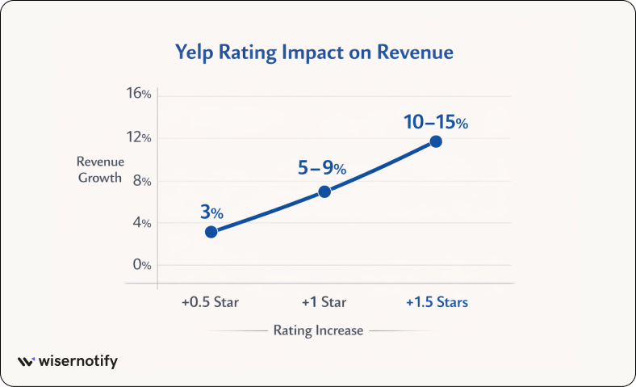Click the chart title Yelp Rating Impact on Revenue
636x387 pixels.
pyautogui.click(x=315, y=53)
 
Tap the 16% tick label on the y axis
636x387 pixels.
pyautogui.click(x=139, y=94)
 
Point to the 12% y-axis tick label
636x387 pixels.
pyautogui.click(x=139, y=137)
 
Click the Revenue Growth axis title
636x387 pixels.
pyautogui.click(x=99, y=170)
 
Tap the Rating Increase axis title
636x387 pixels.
pyautogui.click(x=318, y=330)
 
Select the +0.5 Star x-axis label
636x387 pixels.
pyautogui.click(x=211, y=303)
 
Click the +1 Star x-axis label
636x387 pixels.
pyautogui.click(x=324, y=303)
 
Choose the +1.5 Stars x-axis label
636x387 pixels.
pyautogui.click(x=437, y=303)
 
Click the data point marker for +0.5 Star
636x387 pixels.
pyautogui.click(x=211, y=232)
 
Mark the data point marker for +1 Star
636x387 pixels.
pyautogui.click(x=324, y=191)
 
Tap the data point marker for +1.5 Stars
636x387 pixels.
pyautogui.click(x=436, y=141)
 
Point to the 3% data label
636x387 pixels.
pyautogui.click(x=211, y=212)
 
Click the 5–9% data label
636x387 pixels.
pyautogui.click(x=322, y=169)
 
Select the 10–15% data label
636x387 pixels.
pyautogui.click(x=435, y=124)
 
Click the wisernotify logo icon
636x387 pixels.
pyautogui.click(x=26, y=362)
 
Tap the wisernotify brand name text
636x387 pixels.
pyautogui.click(x=78, y=362)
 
